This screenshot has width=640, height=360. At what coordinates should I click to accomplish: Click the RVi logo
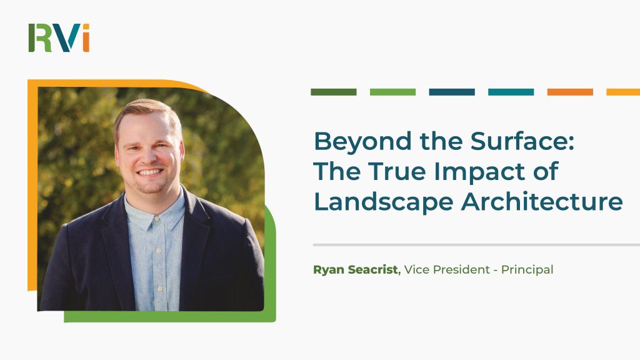[x=59, y=38]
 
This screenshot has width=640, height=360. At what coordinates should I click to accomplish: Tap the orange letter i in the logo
[x=86, y=38]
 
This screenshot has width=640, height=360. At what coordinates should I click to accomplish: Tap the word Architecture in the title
[x=542, y=201]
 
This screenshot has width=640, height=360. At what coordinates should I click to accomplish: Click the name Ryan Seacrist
[x=356, y=270]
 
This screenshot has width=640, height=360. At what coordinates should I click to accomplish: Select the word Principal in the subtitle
[x=527, y=270]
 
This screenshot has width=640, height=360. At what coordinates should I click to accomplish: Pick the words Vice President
[x=447, y=270]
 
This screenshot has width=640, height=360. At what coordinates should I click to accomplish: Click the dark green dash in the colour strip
[x=334, y=92]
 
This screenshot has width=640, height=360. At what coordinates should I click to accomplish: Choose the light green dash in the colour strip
[x=392, y=92]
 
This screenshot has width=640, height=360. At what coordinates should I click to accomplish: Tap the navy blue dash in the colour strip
[x=452, y=92]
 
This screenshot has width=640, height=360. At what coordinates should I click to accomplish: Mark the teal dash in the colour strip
[x=511, y=92]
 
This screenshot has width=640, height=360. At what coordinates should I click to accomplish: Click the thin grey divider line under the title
[x=476, y=245]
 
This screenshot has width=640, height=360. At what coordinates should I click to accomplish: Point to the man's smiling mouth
[x=150, y=172]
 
